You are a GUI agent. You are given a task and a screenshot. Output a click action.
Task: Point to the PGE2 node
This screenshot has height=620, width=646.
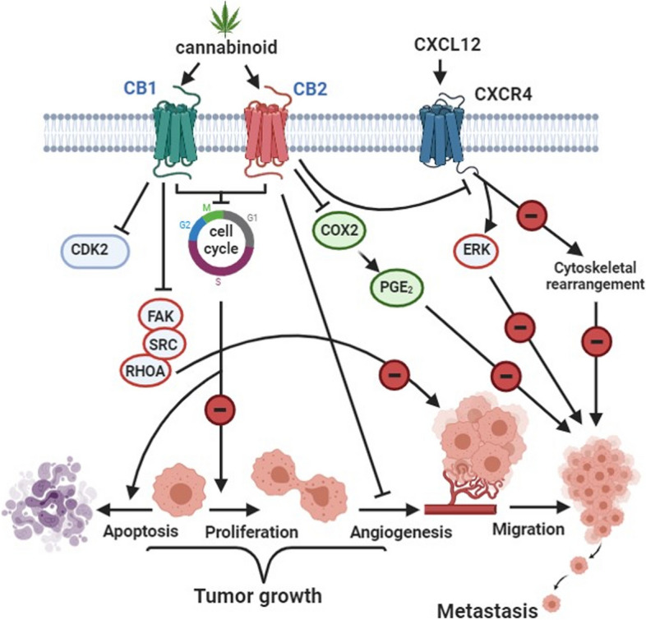coord(395,289)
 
